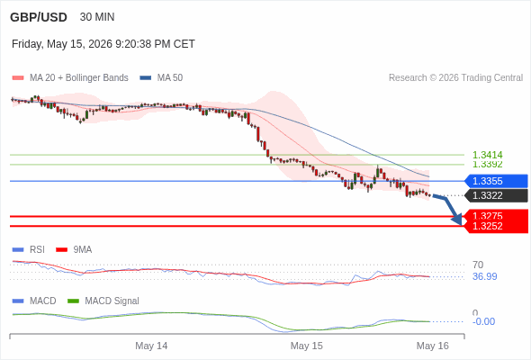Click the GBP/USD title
[x=39, y=17]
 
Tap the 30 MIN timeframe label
[x=97, y=17]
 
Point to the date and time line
[x=103, y=44]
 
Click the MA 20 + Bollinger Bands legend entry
[x=70, y=78]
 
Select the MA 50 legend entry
[x=161, y=78]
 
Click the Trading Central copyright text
[x=455, y=78]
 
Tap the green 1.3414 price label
[x=487, y=155]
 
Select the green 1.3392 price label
[x=487, y=165]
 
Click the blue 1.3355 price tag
[x=496, y=181]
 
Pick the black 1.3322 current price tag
[x=496, y=195]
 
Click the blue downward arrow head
[x=457, y=220]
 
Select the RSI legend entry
[x=29, y=250]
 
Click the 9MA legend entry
[x=74, y=250]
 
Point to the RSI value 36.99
[x=485, y=276]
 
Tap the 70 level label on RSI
[x=478, y=265]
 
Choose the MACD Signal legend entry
[x=103, y=301]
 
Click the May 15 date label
[x=307, y=346]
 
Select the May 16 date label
[x=433, y=346]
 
